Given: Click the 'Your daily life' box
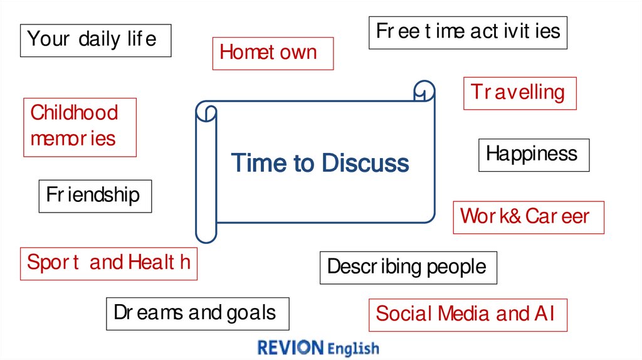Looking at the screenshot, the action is [95, 40].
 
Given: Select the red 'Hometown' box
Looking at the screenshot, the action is [273, 53].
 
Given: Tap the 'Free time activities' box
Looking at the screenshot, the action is [468, 32].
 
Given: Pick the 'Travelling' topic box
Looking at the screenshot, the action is [519, 93].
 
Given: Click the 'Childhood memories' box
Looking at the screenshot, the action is [79, 127].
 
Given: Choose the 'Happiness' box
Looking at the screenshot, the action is [534, 155].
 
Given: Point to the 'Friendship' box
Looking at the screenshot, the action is [95, 196].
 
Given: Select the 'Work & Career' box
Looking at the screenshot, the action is [528, 217].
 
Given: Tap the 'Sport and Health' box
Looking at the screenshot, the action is [108, 263].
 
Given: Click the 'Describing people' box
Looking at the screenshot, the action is [408, 268].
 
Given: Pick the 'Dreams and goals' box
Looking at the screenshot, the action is [197, 314].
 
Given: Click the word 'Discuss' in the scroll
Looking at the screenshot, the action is [365, 164].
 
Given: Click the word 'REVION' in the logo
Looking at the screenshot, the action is [290, 348].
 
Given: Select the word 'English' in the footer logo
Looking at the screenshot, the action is [354, 349].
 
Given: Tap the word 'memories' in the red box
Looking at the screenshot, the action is [73, 139].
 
